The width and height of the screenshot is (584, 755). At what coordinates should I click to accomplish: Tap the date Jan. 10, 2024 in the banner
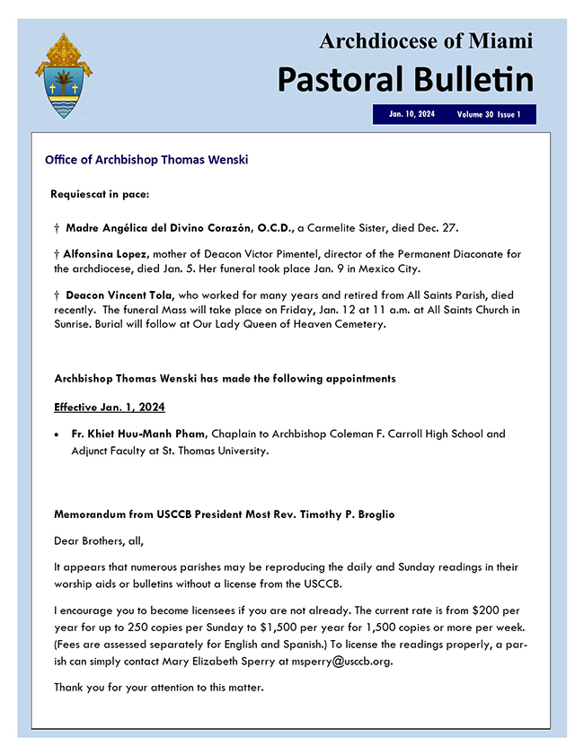pos(411,115)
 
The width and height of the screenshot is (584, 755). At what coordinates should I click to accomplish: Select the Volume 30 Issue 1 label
pos(488,115)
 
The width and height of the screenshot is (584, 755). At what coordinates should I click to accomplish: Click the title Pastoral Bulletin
pos(404,79)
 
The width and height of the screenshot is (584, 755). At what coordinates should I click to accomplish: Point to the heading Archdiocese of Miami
pos(426,40)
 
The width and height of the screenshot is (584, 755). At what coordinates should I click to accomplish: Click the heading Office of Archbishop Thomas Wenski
pos(146,161)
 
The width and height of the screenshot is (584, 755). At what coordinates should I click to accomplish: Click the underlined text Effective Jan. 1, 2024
pos(110,407)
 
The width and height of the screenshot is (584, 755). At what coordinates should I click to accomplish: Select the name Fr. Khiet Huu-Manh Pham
pos(138,435)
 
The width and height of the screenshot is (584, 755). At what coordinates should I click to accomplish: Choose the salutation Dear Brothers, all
pos(99,540)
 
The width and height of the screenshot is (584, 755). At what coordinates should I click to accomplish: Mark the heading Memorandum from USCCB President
pos(225,514)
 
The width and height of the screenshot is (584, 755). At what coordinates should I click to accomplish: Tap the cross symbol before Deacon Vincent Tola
pos(58,295)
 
